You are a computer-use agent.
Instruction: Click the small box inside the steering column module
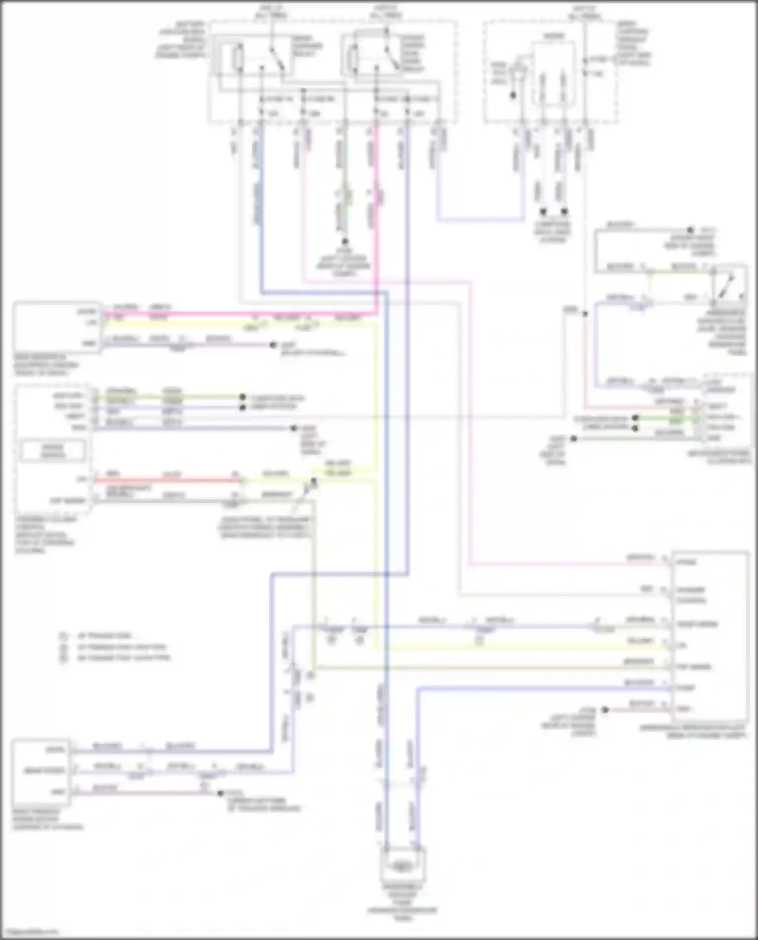pyautogui.click(x=53, y=451)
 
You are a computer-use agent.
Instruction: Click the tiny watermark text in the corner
pyautogui.click(x=30, y=932)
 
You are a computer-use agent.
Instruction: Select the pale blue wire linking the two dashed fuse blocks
pyautogui.click(x=480, y=220)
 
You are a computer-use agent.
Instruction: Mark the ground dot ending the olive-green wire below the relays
pyautogui.click(x=346, y=242)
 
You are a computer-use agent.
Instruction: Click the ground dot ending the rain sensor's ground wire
pyautogui.click(x=273, y=345)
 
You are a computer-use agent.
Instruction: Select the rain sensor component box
pyautogui.click(x=57, y=327)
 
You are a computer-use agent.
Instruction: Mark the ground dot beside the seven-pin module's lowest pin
pyautogui.click(x=605, y=710)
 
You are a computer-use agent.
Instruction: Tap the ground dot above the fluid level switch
pyautogui.click(x=690, y=230)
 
